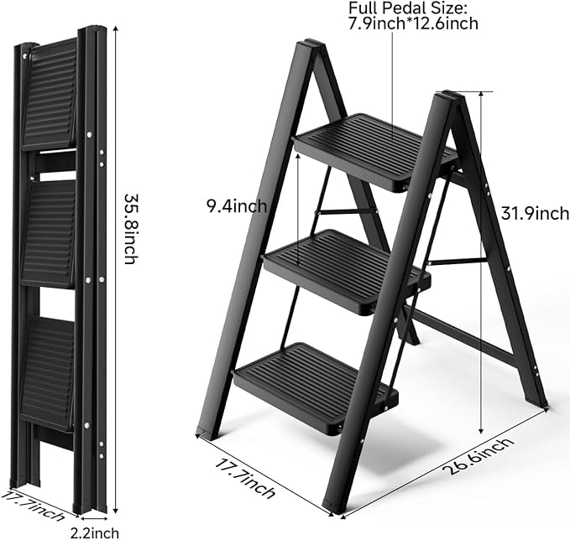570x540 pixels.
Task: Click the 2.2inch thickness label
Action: point(96,532)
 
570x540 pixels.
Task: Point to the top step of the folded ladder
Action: point(50,94)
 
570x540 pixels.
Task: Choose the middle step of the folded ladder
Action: point(49,232)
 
